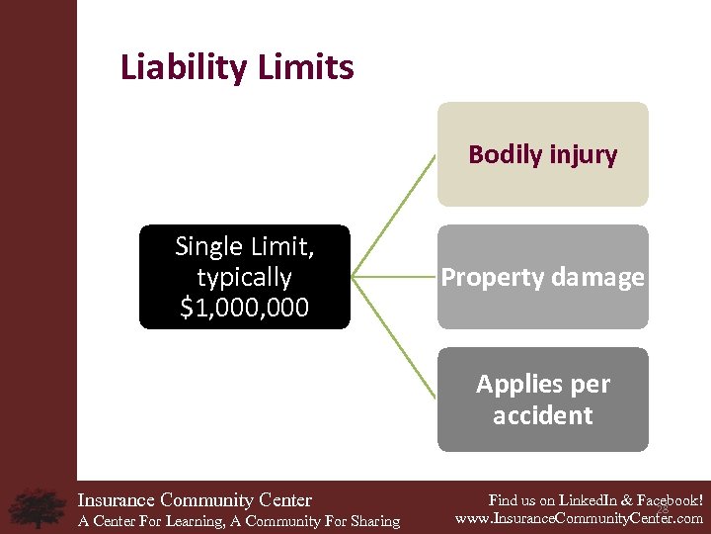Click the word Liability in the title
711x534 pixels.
tap(179, 68)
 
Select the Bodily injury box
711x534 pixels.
tap(542, 154)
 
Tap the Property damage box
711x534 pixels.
tap(542, 277)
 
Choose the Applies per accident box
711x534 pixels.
tap(542, 400)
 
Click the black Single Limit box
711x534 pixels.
tap(245, 277)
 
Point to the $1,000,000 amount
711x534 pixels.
tap(245, 309)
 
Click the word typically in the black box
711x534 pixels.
tap(245, 277)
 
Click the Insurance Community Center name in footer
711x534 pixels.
tap(195, 500)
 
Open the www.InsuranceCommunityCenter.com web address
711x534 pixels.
tap(579, 518)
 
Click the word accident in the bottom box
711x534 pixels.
tap(542, 415)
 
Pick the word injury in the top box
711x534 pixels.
tap(583, 155)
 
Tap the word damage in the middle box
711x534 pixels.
tap(597, 278)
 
